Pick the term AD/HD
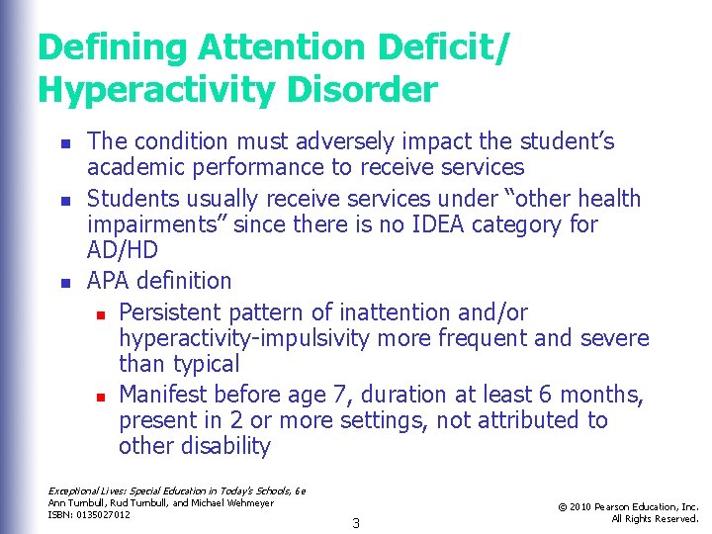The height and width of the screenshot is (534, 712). [118, 251]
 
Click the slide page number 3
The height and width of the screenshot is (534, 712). [356, 523]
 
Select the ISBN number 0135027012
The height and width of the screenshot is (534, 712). [101, 515]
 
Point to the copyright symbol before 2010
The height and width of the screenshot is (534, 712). [561, 507]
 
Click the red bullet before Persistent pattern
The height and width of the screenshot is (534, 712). [100, 314]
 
